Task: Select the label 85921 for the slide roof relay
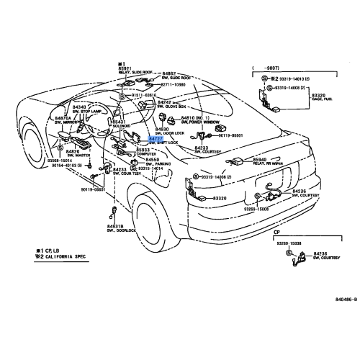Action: [127, 68]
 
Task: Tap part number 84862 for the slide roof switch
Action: [169, 73]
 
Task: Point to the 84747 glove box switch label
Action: [163, 102]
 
